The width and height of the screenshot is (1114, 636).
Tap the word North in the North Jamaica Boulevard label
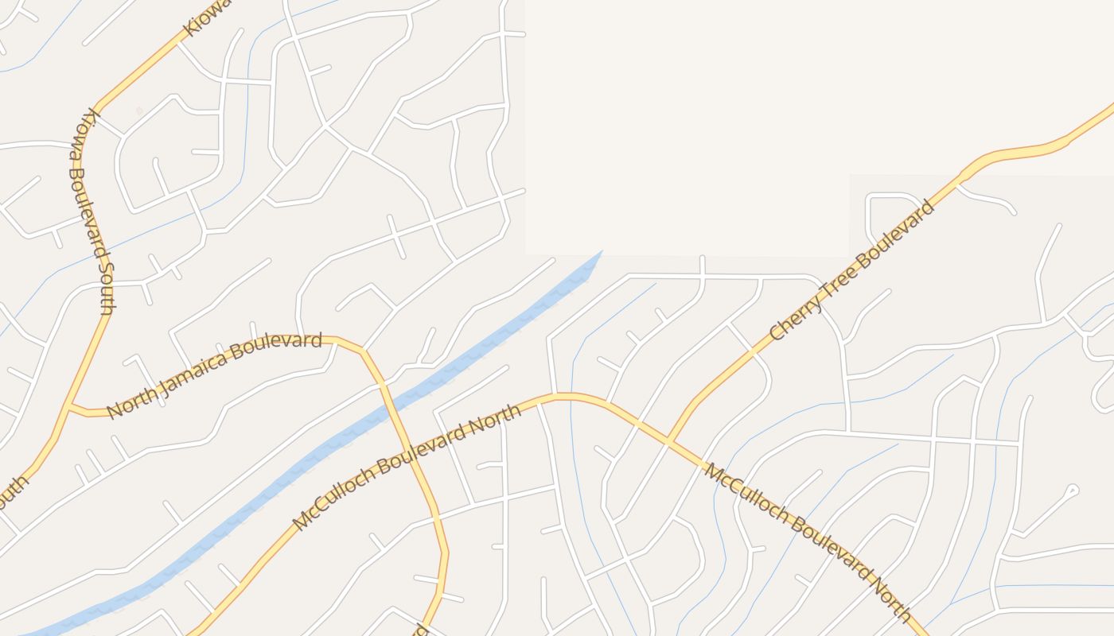(126, 405)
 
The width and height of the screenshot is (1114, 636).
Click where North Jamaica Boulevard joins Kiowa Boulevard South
(71, 408)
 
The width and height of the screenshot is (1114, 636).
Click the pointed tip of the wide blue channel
(601, 252)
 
